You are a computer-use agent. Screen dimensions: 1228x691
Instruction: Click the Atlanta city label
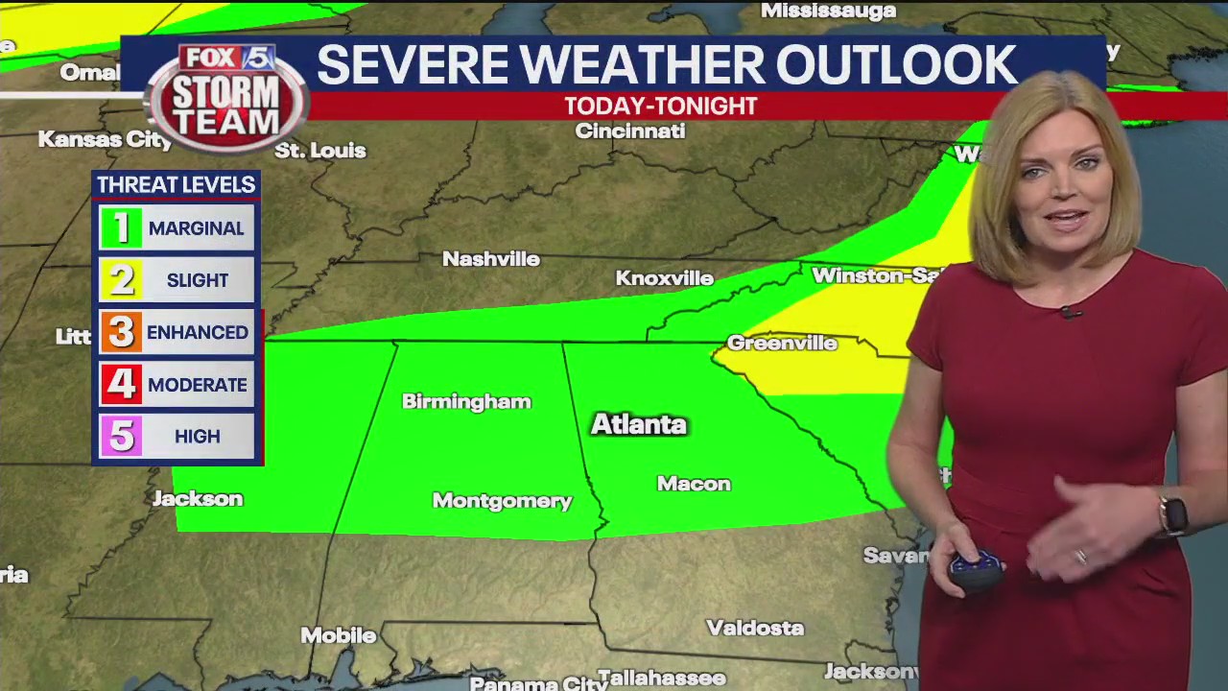point(638,424)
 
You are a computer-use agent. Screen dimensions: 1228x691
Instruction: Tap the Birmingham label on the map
point(466,401)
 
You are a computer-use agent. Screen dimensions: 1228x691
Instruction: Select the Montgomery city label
point(502,500)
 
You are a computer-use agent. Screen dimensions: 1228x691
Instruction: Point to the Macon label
point(694,484)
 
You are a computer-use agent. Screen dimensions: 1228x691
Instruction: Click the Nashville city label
point(490,259)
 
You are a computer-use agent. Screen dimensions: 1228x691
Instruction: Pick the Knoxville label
point(664,278)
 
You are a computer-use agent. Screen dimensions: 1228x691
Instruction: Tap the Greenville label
point(782,344)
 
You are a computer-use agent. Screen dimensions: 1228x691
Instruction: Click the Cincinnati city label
point(629,131)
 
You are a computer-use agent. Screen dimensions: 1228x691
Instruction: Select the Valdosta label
point(755,628)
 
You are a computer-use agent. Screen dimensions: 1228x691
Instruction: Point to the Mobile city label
point(338,635)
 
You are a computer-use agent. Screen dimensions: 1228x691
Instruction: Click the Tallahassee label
point(661,678)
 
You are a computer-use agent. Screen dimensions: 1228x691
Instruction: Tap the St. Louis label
point(320,151)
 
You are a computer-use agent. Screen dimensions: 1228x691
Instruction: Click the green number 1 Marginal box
point(121,228)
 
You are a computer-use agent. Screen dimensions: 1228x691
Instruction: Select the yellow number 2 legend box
point(121,280)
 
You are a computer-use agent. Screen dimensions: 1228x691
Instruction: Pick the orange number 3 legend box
point(121,332)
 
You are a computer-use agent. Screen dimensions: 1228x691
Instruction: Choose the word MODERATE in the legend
point(197,385)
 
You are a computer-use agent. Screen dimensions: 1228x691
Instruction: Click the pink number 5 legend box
point(121,437)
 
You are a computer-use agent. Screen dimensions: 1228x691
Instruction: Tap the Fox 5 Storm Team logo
point(226,97)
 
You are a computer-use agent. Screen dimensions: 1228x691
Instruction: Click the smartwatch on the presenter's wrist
point(1173,515)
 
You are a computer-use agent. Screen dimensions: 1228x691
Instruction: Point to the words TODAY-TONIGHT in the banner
point(660,107)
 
